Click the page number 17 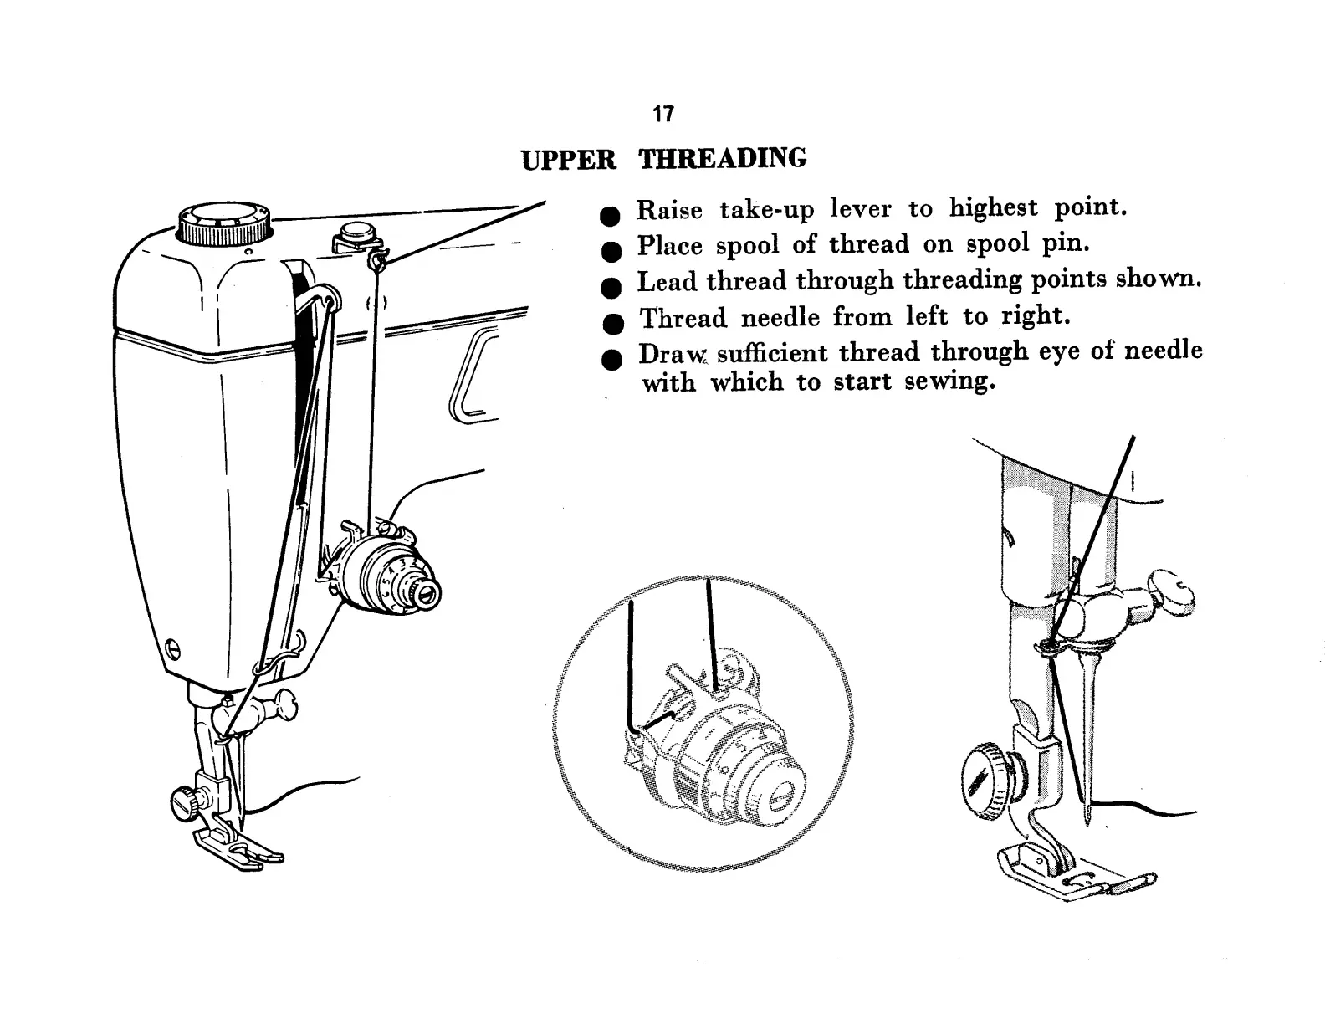pos(663,114)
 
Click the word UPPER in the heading pos(568,160)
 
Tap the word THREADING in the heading pos(723,158)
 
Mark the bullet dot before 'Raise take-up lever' pos(611,215)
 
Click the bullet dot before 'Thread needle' pos(613,324)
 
